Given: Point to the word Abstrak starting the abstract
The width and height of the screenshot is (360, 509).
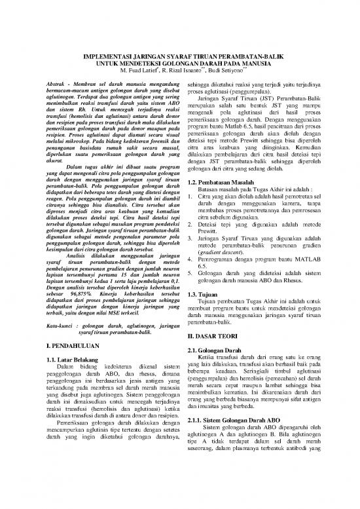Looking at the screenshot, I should tap(52, 86).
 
